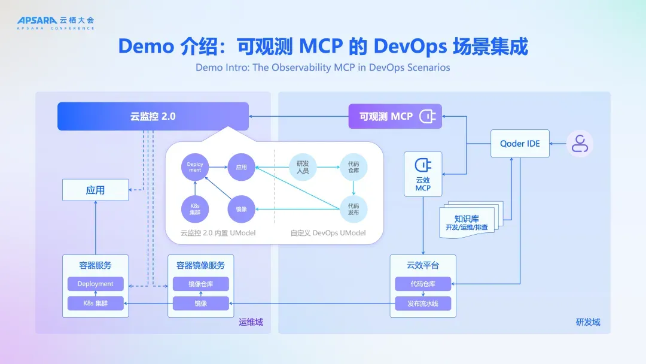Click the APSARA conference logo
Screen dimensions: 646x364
56,23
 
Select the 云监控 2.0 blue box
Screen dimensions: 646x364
153,116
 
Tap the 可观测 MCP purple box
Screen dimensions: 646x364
395,116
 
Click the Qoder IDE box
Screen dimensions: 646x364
520,144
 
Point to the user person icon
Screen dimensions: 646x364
580,144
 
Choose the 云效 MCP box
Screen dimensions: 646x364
423,174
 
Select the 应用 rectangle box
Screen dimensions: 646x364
96,190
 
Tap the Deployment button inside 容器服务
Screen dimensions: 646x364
96,284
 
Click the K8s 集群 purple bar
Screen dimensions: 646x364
96,304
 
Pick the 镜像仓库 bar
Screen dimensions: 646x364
200,284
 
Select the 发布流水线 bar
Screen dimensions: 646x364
423,304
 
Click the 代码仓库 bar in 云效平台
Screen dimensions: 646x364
423,284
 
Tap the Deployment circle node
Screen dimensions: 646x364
195,167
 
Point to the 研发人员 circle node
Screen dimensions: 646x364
303,167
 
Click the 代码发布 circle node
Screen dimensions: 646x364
354,209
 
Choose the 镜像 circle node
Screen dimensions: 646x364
242,209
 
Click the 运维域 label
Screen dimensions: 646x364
251,322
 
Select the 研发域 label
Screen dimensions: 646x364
588,322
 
